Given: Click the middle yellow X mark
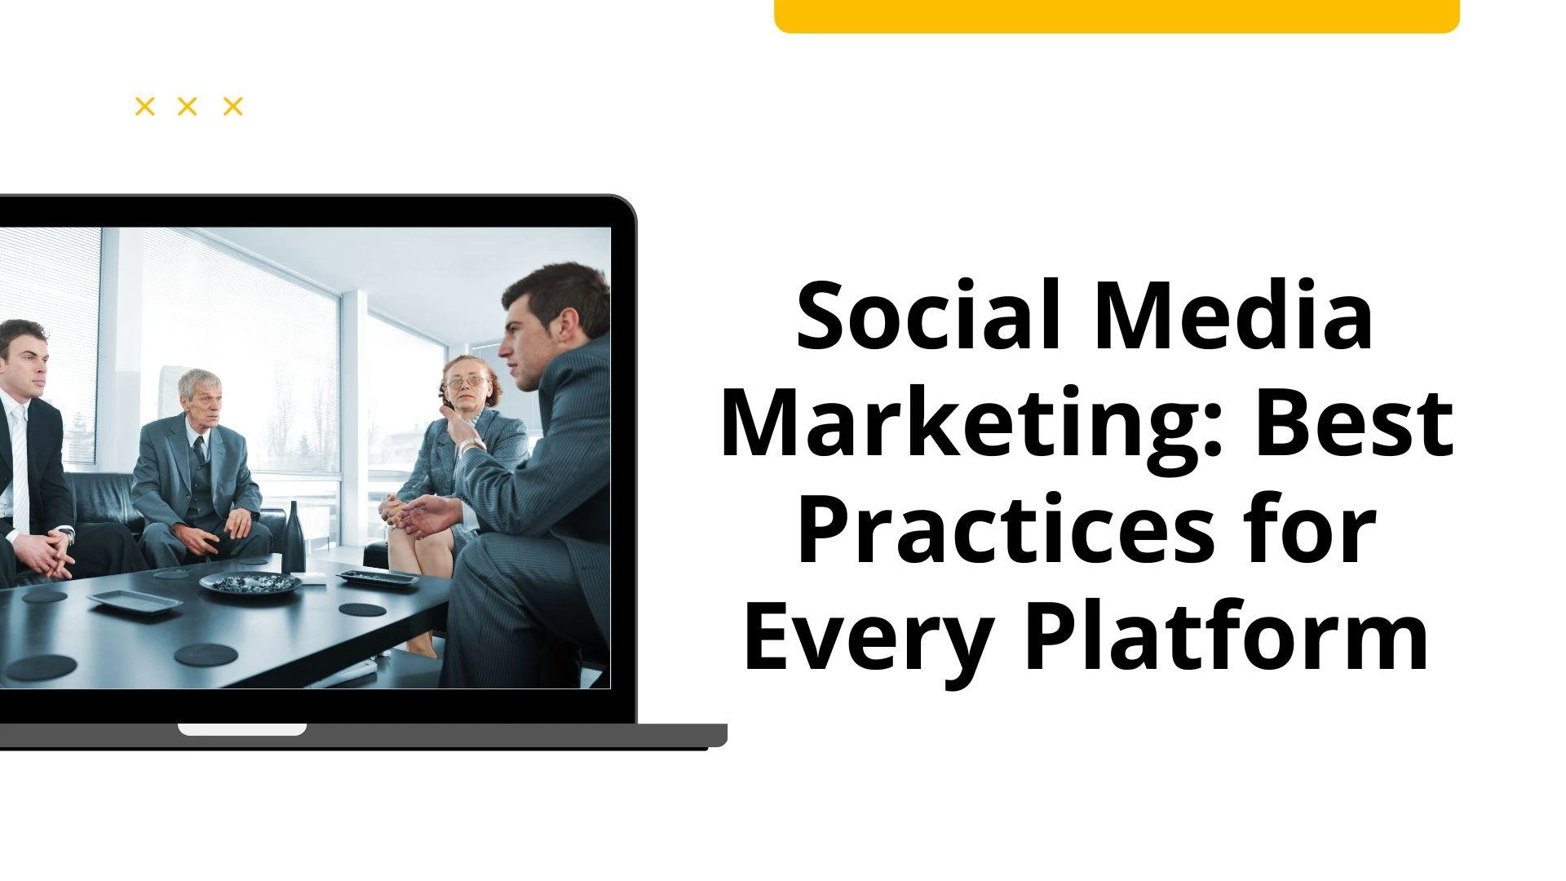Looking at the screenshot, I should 188,106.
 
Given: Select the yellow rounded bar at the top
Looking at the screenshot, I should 1116,15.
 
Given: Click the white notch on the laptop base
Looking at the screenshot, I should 242,729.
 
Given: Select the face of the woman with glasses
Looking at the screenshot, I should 465,383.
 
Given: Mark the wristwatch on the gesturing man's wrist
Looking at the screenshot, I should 471,445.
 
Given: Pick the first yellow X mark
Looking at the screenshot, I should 144,106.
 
